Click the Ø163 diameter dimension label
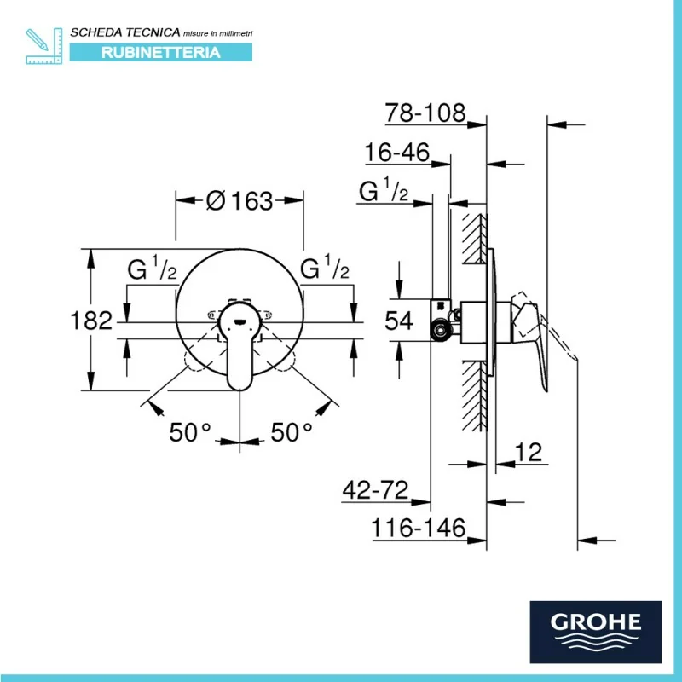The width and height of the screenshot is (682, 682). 240,201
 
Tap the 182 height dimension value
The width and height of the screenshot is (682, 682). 91,321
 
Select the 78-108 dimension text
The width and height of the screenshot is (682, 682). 425,113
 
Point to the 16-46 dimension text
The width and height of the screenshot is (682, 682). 397,153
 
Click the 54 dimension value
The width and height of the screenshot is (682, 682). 398,321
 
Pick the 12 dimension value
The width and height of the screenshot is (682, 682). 529,453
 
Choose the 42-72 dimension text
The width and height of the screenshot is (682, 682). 375,490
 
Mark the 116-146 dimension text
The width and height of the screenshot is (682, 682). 418,528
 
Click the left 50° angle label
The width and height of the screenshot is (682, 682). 190,432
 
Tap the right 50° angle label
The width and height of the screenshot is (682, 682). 292,432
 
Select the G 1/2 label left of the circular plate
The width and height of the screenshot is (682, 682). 152,268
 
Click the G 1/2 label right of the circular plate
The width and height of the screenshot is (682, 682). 325,268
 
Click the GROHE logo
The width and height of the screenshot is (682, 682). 595,632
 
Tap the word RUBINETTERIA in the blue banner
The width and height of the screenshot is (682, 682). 161,53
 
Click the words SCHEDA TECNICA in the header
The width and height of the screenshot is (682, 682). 125,32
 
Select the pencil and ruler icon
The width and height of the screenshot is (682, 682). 44,46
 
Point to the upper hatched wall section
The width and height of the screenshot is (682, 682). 475,239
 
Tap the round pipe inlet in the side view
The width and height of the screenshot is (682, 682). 442,330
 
